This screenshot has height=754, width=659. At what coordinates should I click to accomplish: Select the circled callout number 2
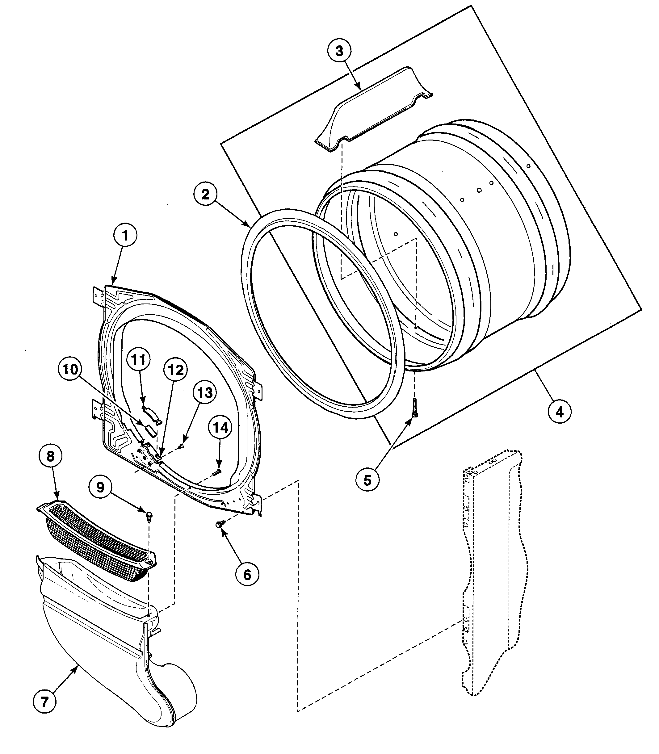tap(205, 194)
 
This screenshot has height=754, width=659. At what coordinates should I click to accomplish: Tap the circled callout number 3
tap(339, 51)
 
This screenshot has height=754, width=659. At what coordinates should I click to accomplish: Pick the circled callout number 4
tap(559, 412)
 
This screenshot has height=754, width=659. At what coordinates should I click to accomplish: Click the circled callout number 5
tap(367, 480)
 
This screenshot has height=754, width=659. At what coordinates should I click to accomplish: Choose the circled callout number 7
tap(44, 702)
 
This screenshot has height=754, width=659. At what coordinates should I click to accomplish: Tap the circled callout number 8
tap(50, 456)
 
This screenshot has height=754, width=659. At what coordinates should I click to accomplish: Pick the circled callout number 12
tap(176, 370)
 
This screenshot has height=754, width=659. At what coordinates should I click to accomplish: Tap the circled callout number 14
tap(220, 428)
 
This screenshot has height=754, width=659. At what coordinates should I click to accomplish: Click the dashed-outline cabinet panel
tap(493, 573)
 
